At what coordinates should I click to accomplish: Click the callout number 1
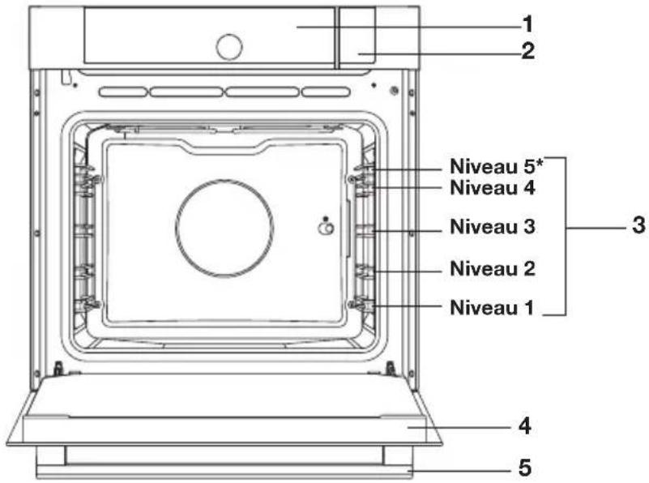527,24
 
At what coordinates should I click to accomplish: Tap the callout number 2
527,51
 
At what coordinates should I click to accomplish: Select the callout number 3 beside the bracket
638,225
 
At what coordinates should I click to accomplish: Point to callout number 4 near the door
525,426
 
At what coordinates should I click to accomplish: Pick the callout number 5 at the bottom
525,468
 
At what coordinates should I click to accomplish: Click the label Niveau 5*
496,166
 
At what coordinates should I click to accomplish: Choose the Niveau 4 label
493,187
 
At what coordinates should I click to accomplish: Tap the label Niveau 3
493,226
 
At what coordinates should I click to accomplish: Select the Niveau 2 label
493,268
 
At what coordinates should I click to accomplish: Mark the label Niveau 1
492,307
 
